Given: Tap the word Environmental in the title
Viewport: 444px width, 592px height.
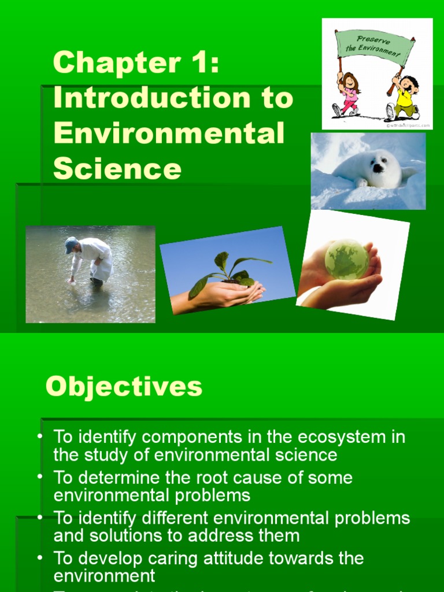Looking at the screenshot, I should point(169,134).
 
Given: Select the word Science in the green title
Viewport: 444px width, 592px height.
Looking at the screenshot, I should point(117,169).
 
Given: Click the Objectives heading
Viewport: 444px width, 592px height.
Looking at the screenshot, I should point(124,386).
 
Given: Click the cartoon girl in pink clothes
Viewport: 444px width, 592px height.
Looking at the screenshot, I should point(348,92).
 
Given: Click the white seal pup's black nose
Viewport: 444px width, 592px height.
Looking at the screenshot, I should point(378,168).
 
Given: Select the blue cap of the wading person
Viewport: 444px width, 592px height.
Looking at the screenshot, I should point(71,244).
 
